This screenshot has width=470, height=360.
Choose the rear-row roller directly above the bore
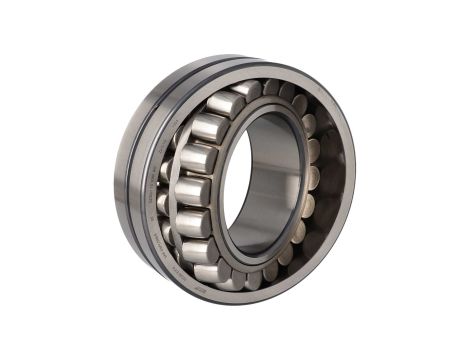tap(270, 91)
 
